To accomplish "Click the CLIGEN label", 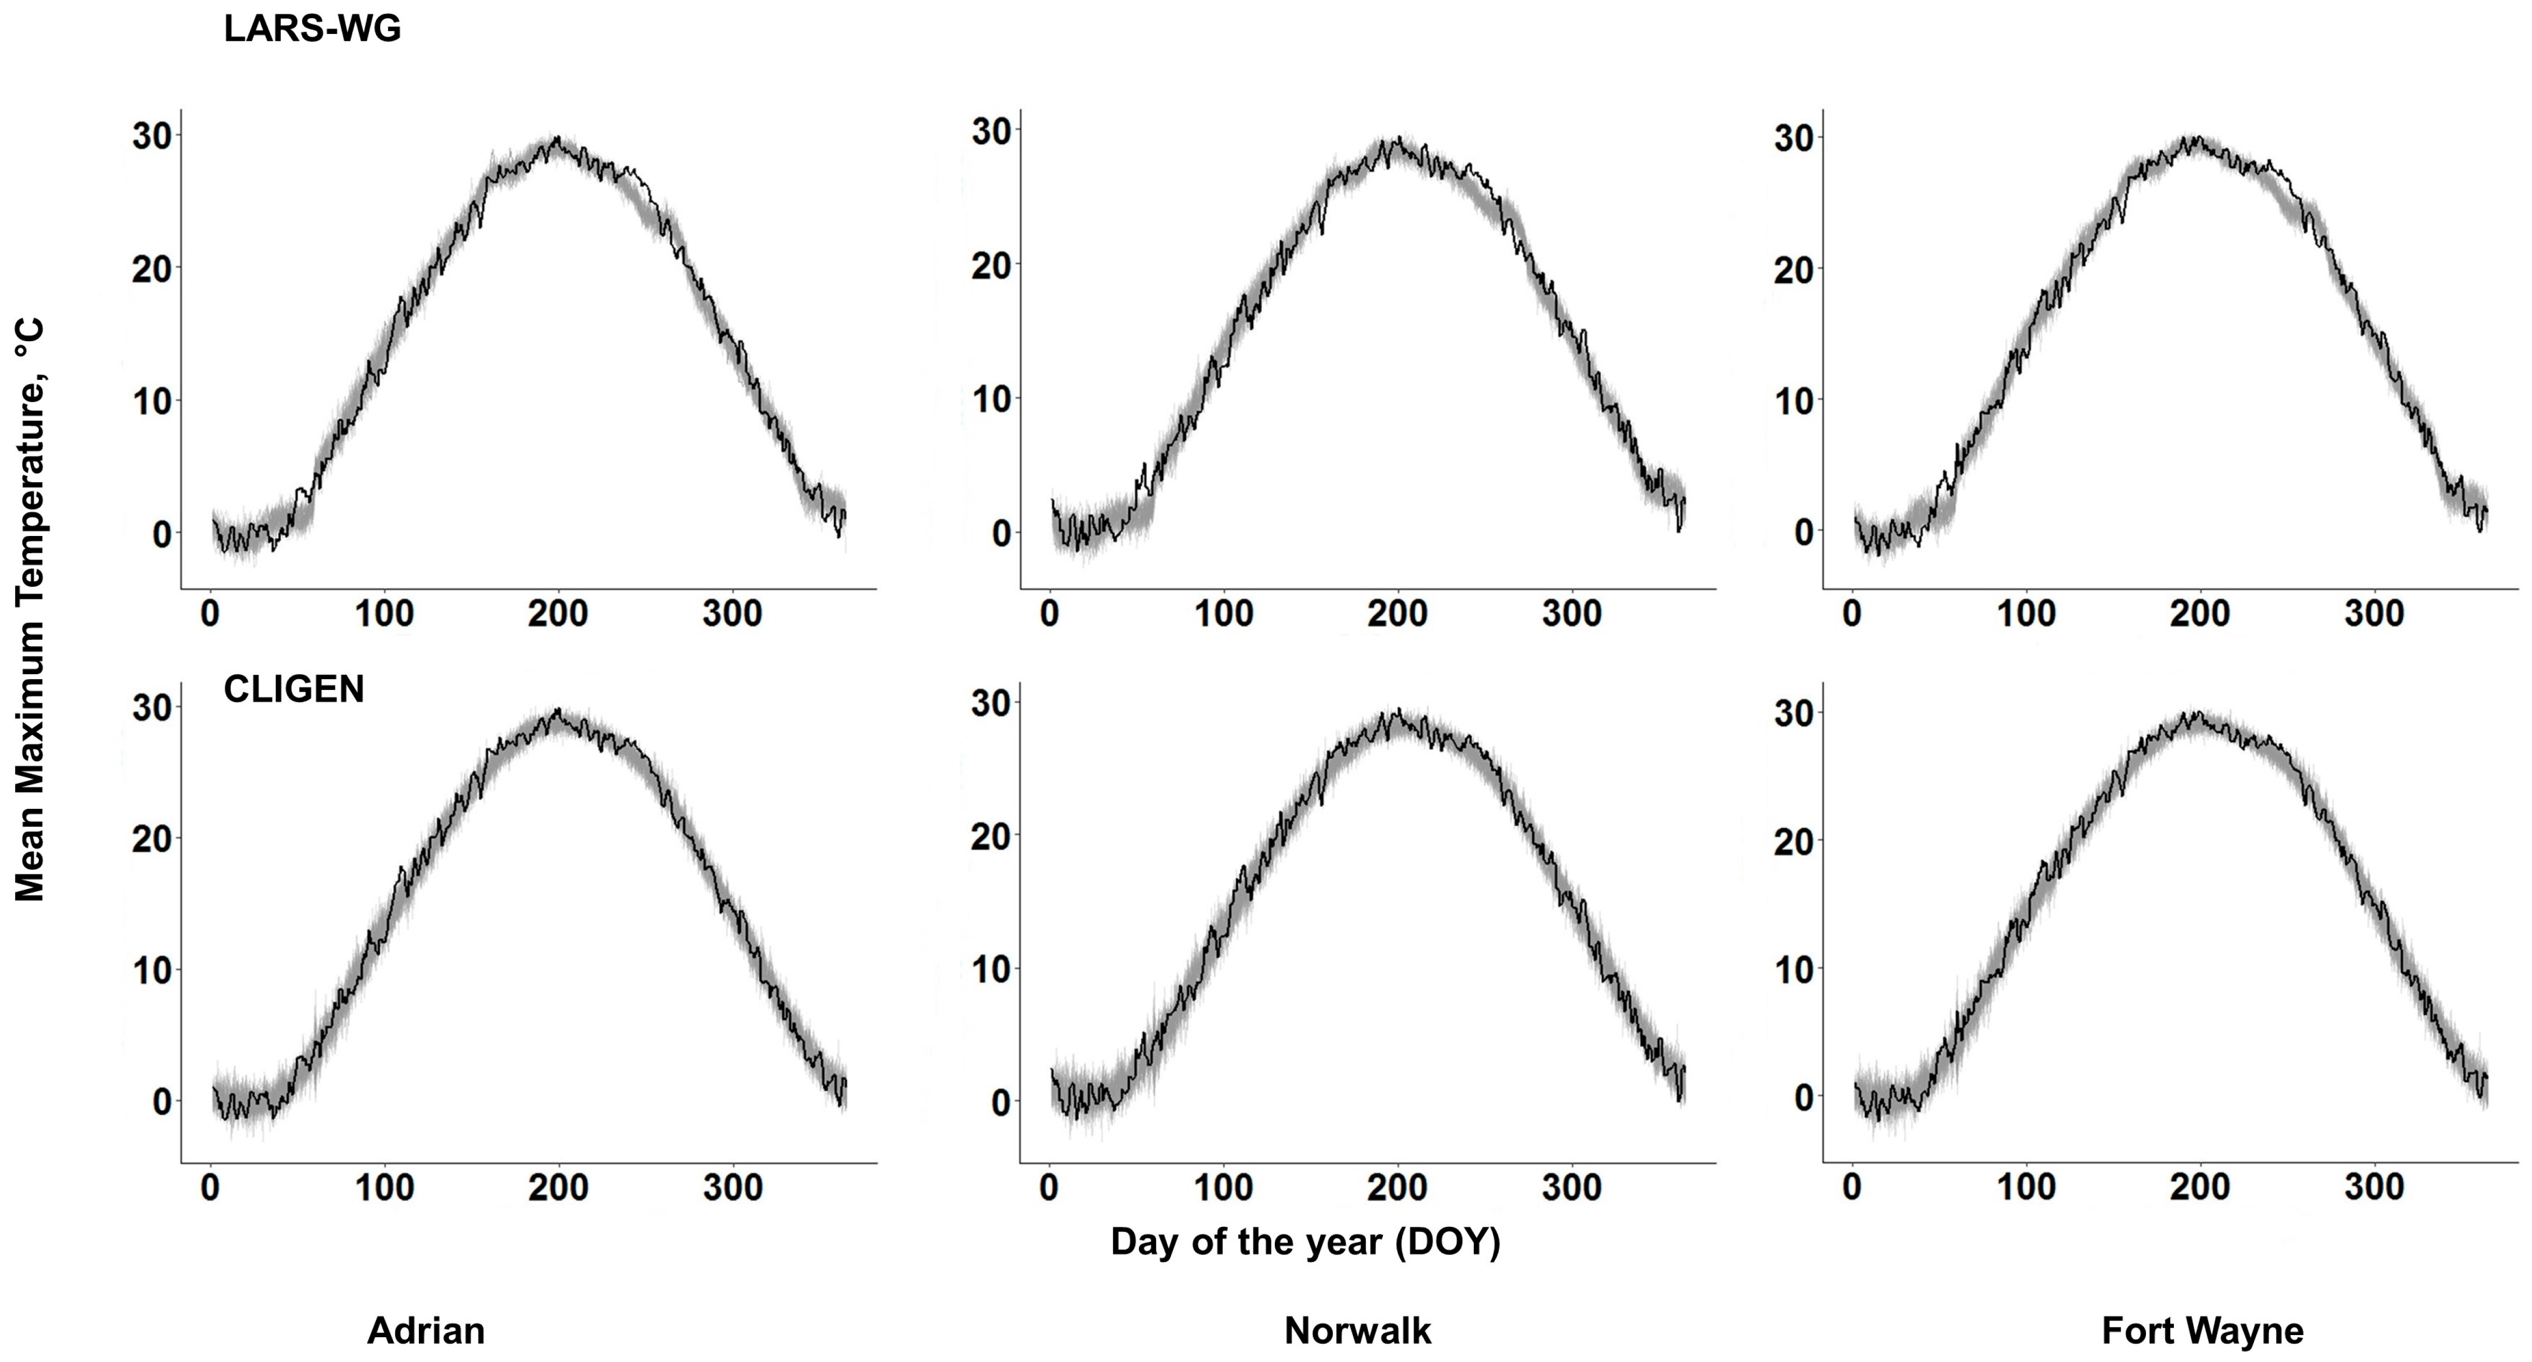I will pyautogui.click(x=294, y=689).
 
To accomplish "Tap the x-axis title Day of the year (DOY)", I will pyautogui.click(x=1306, y=1242).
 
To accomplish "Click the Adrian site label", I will pyautogui.click(x=426, y=1331).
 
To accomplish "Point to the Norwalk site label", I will pyautogui.click(x=1358, y=1331).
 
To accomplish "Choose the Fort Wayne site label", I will pyautogui.click(x=2202, y=1331).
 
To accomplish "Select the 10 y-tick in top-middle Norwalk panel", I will pyautogui.click(x=992, y=399).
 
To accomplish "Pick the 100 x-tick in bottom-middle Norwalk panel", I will pyautogui.click(x=1224, y=1188).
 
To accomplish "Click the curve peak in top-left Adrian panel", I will pyautogui.click(x=557, y=139).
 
